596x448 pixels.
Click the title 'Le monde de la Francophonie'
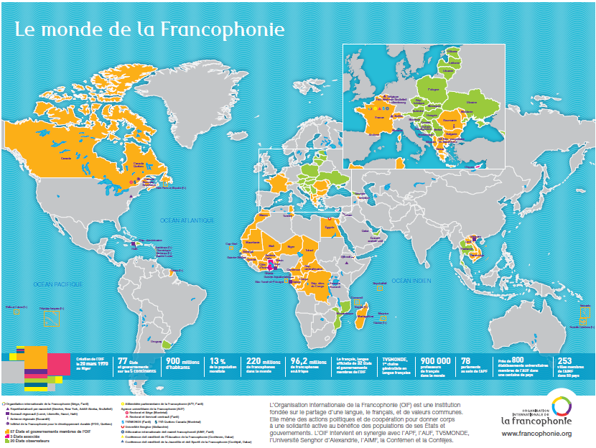coord(149,29)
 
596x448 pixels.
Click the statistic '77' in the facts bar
coord(123,361)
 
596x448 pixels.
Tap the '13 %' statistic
coord(219,361)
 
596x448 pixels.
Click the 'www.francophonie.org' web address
coord(536,434)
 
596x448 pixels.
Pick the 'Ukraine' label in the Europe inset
coord(472,103)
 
